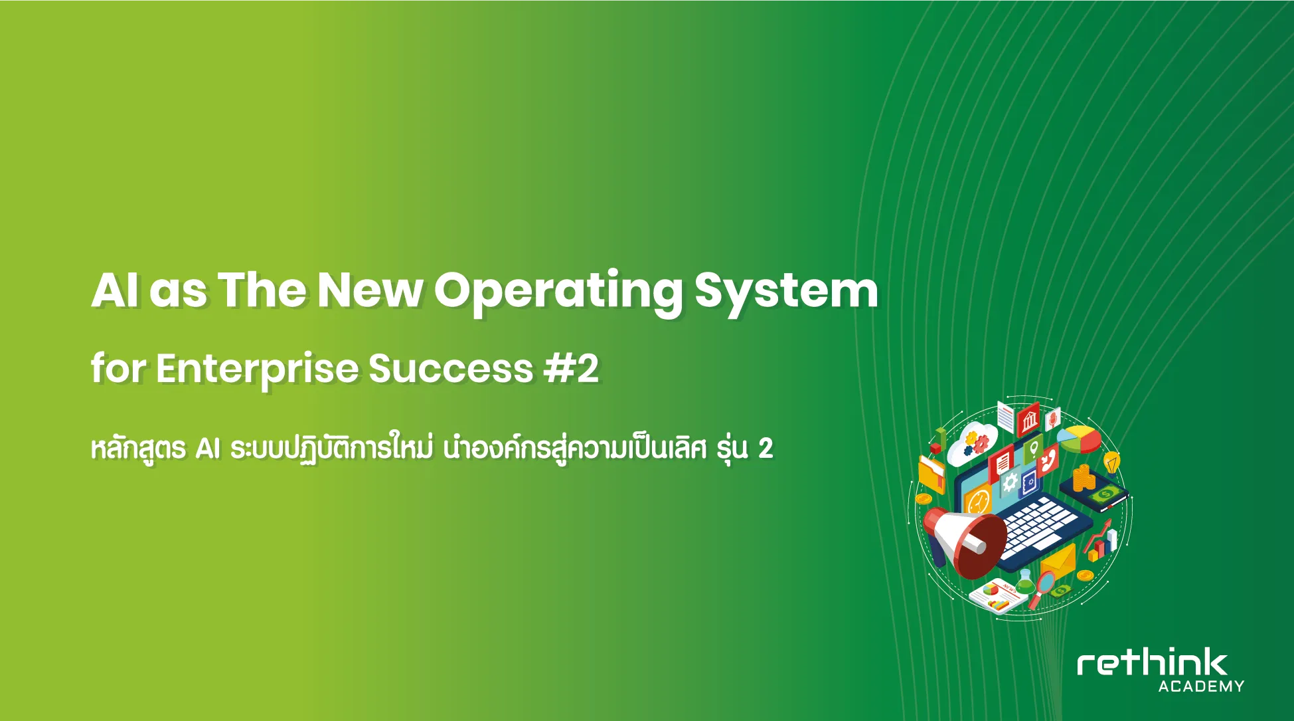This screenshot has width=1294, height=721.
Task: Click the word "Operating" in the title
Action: (558, 292)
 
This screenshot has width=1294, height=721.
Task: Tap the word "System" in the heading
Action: (786, 292)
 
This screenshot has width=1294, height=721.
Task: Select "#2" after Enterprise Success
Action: (571, 369)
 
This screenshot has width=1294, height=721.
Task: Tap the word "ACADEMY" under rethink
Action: (1201, 686)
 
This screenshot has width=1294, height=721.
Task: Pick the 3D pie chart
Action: (1079, 439)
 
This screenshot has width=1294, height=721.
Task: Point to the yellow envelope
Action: (1058, 562)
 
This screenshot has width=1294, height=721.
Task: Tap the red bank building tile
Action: (1028, 419)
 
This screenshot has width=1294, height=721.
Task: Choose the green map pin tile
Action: (1032, 450)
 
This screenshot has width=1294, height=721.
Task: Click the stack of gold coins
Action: (1082, 478)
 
